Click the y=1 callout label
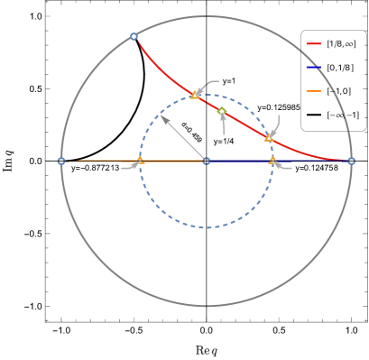[x=229, y=81]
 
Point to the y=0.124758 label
[x=316, y=168]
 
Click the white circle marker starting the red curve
[x=134, y=36]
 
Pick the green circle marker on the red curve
[x=222, y=112]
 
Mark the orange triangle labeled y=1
[x=194, y=94]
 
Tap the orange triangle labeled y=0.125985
[x=268, y=137]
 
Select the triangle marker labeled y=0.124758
[x=272, y=159]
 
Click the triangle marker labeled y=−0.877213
[x=140, y=160]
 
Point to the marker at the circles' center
[x=207, y=161]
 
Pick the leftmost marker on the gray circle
[x=61, y=161]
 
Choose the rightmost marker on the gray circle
[x=351, y=161]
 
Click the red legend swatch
[x=314, y=43]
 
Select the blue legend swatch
[x=314, y=68]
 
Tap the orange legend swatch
[x=314, y=91]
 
